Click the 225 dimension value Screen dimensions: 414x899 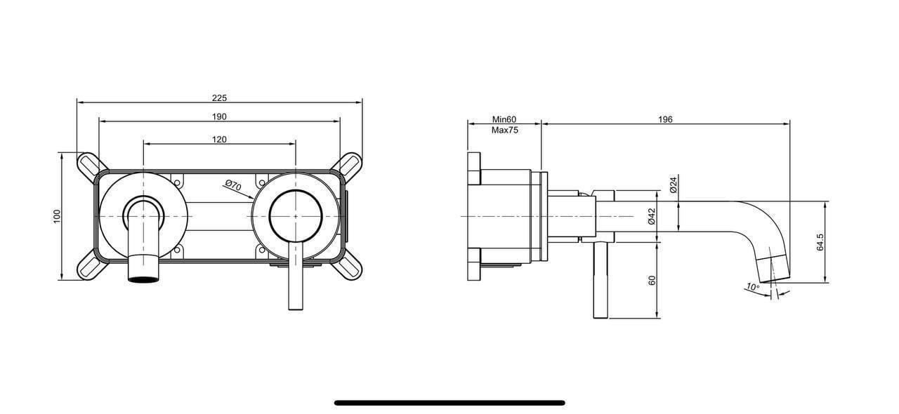click(219, 98)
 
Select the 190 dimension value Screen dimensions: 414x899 click(219, 116)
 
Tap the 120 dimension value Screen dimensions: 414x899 click(219, 140)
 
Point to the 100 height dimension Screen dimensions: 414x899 click(58, 216)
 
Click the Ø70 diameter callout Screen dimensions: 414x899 click(233, 186)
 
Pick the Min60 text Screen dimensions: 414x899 click(504, 119)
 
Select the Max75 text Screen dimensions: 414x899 click(504, 130)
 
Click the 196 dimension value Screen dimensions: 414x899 click(665, 119)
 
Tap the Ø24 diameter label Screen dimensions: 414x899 click(673, 184)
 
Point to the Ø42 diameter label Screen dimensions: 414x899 click(651, 216)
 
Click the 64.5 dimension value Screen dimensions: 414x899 click(820, 242)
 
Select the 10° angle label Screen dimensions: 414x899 click(753, 287)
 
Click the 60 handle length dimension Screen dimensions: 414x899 click(652, 280)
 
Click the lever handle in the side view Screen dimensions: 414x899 click(601, 281)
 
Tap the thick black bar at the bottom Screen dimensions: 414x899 click(449, 403)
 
